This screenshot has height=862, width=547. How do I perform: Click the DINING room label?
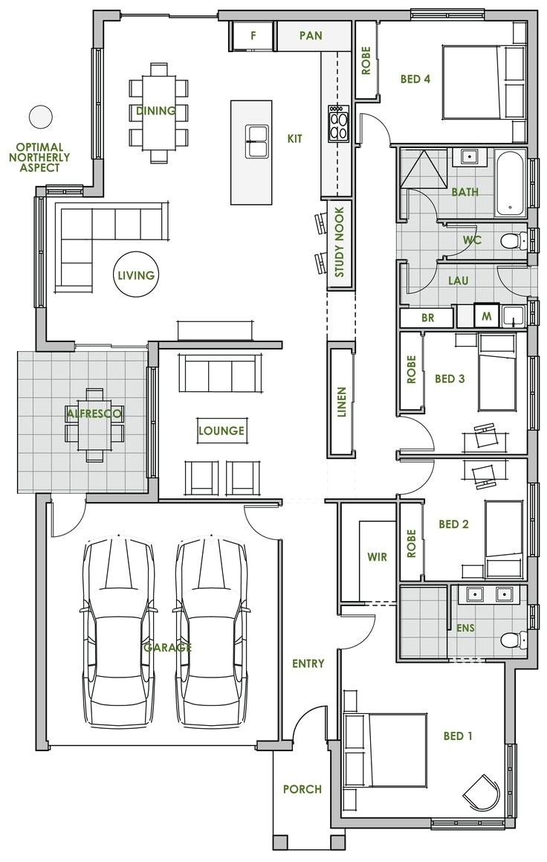[156, 112]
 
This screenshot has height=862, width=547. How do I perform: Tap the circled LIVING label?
[135, 275]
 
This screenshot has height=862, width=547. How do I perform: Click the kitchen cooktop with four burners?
[338, 123]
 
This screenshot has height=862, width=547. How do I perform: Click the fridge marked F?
[253, 35]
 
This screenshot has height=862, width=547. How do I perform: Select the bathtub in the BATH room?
[511, 183]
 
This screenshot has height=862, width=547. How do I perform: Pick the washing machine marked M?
[487, 316]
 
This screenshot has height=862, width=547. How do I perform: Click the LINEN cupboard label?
[341, 402]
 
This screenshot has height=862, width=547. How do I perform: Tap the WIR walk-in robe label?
[378, 556]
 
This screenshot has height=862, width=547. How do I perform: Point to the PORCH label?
[302, 789]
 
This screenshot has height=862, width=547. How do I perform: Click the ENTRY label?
[308, 663]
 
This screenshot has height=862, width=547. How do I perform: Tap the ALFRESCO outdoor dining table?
[94, 424]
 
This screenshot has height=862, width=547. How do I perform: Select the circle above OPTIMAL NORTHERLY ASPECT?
[40, 117]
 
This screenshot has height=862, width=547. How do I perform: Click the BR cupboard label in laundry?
[427, 318]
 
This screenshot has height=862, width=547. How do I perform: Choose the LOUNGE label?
[221, 431]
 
